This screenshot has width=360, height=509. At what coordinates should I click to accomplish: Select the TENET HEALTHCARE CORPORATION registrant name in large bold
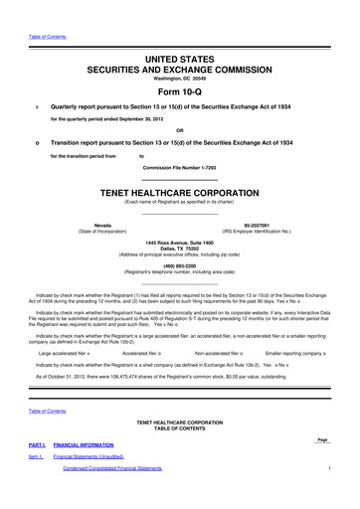(180, 189)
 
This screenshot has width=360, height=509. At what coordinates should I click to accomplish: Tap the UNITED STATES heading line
(180, 61)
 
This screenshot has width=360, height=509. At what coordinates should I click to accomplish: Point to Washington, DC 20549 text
(180, 79)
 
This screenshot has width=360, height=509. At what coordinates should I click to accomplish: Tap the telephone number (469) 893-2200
(180, 265)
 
